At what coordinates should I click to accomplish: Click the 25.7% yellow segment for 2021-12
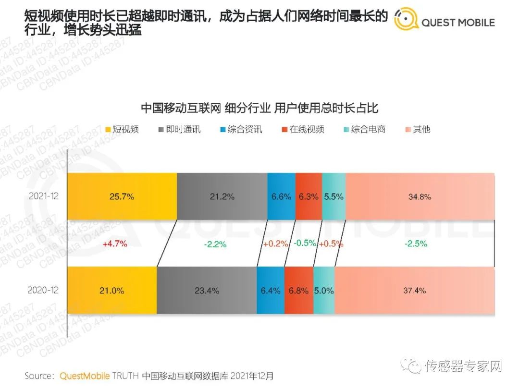[122, 196]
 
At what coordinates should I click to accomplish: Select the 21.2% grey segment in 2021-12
[222, 196]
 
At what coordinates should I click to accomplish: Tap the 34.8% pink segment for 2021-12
[420, 196]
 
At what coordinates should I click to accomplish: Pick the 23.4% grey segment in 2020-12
[207, 291]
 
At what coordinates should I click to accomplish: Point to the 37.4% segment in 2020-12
[414, 291]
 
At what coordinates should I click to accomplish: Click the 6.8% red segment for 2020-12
[298, 291]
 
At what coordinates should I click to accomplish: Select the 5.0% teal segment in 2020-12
[324, 291]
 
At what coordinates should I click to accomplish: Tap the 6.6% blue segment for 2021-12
[282, 196]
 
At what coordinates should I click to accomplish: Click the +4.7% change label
[115, 243]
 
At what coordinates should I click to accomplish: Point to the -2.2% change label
[215, 244]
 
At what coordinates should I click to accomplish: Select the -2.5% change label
[416, 244]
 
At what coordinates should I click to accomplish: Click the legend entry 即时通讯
[179, 129]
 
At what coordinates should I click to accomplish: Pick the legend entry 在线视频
[302, 129]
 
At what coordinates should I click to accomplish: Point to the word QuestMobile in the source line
[85, 376]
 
